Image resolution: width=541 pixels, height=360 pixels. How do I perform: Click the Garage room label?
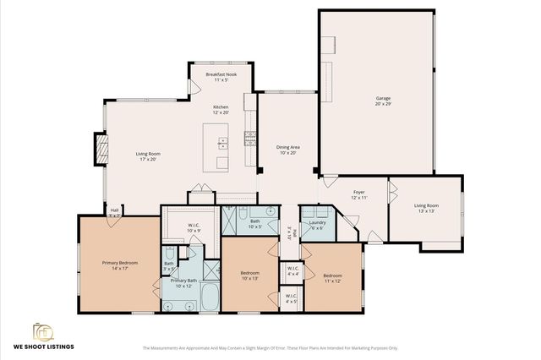pyautogui.click(x=383, y=101)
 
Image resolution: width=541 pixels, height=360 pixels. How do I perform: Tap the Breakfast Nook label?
pyautogui.click(x=221, y=79)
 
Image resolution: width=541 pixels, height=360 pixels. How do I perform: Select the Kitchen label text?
pyautogui.click(x=221, y=110)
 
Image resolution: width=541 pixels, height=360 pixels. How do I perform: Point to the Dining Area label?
pyautogui.click(x=288, y=150)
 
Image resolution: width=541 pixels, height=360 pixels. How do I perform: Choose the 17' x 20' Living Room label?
pyautogui.click(x=149, y=156)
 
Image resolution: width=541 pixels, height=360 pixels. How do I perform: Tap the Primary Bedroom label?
pyautogui.click(x=120, y=265)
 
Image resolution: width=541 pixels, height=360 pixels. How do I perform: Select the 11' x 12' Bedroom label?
pyautogui.click(x=332, y=278)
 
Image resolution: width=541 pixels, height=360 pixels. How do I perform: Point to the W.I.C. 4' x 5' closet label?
pyautogui.click(x=292, y=299)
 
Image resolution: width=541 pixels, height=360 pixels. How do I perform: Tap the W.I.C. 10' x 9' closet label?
pyautogui.click(x=194, y=227)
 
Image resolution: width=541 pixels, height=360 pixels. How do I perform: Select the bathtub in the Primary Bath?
pyautogui.click(x=209, y=297)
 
